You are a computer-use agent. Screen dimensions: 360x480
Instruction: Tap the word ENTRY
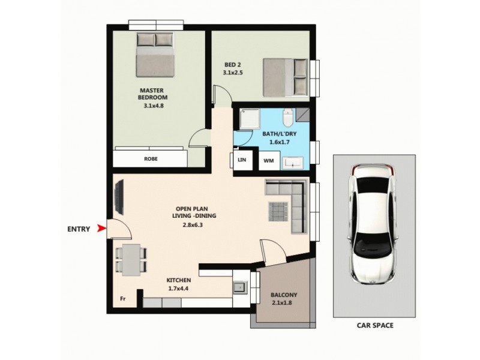click(79, 229)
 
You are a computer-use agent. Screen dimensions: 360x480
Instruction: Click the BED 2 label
click(232, 69)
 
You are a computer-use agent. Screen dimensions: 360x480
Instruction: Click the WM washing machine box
click(267, 161)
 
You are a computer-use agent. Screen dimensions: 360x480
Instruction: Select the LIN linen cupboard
click(242, 160)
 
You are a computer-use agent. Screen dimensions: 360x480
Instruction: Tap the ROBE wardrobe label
click(151, 159)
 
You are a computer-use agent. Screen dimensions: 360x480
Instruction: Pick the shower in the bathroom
click(248, 118)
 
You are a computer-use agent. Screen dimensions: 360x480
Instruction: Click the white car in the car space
click(374, 225)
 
